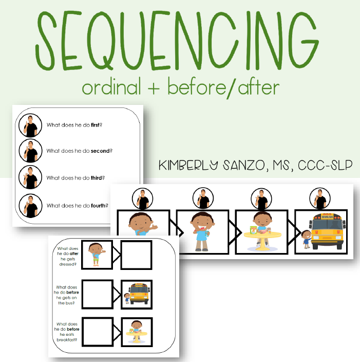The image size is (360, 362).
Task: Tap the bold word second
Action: click(x=101, y=151)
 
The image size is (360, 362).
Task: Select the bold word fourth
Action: click(x=99, y=206)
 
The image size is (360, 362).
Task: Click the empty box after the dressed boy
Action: click(x=136, y=255)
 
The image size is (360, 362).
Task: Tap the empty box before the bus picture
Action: click(x=98, y=294)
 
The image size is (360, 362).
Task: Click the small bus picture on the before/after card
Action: click(x=137, y=294)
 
